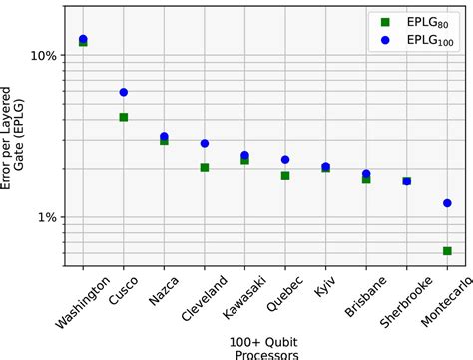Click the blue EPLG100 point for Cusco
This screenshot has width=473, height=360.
pyautogui.click(x=123, y=92)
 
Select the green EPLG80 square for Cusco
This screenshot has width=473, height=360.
pyautogui.click(x=123, y=117)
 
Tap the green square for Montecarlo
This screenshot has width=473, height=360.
pyautogui.click(x=447, y=251)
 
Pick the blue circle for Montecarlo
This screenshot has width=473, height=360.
pyautogui.click(x=447, y=203)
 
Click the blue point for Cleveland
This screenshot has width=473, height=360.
pyautogui.click(x=204, y=144)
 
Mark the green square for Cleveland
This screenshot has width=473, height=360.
pyautogui.click(x=204, y=167)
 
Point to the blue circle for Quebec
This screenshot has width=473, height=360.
pyautogui.click(x=285, y=159)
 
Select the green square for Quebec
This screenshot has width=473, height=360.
pyautogui.click(x=285, y=175)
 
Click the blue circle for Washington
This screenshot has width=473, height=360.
pyautogui.click(x=83, y=39)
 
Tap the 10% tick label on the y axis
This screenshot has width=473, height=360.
pyautogui.click(x=43, y=56)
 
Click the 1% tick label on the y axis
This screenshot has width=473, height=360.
pyautogui.click(x=46, y=217)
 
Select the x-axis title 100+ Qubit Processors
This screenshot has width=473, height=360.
pyautogui.click(x=264, y=347)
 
